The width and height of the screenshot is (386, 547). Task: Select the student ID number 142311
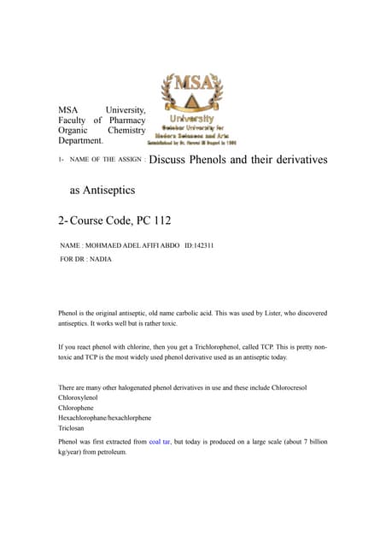202,246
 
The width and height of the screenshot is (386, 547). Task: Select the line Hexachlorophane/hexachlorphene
104,419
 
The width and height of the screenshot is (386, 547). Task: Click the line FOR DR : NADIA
85,259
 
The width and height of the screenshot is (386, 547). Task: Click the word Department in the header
79,140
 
